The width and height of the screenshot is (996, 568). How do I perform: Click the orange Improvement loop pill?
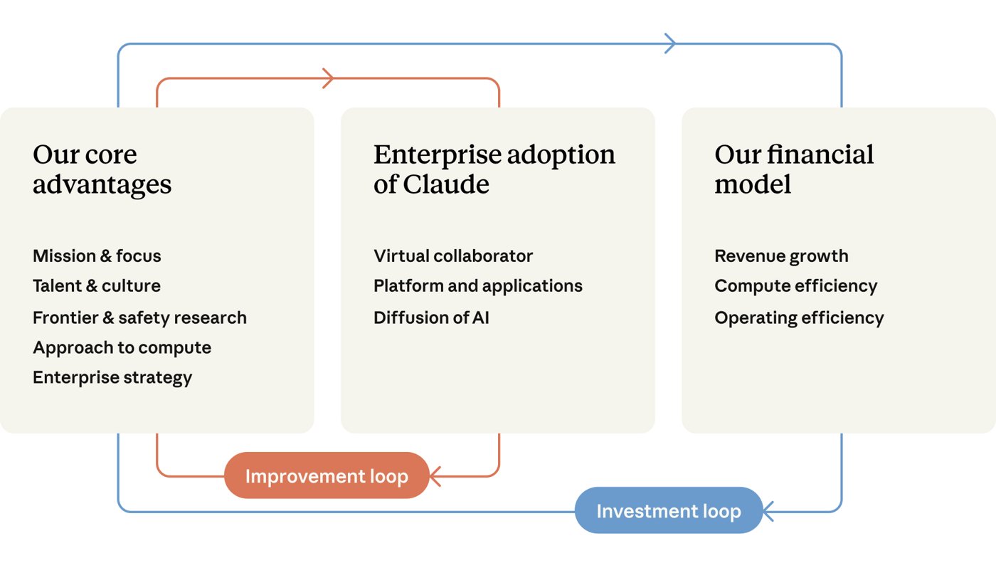pyautogui.click(x=327, y=475)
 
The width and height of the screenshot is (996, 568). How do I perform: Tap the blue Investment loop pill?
pyautogui.click(x=669, y=510)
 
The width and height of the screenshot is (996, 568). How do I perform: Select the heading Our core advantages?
pyautogui.click(x=102, y=169)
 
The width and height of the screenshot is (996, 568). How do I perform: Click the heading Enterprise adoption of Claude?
pyautogui.click(x=494, y=169)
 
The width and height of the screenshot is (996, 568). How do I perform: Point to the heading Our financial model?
pyautogui.click(x=794, y=169)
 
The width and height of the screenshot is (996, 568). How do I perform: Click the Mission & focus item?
pyautogui.click(x=97, y=256)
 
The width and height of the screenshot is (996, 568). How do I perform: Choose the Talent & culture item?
pyautogui.click(x=97, y=285)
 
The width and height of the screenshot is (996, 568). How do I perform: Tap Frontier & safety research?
pyautogui.click(x=139, y=318)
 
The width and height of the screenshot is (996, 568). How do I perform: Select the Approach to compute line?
pyautogui.click(x=122, y=348)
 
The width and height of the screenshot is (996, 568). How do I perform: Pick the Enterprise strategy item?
pyautogui.click(x=112, y=378)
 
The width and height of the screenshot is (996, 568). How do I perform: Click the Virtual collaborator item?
pyautogui.click(x=453, y=256)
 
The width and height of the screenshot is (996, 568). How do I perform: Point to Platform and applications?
pyautogui.click(x=478, y=286)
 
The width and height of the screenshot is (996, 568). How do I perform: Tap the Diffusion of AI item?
pyautogui.click(x=431, y=317)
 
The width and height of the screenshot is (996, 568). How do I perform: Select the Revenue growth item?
pyautogui.click(x=782, y=256)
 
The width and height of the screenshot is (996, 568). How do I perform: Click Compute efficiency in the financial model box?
pyautogui.click(x=796, y=286)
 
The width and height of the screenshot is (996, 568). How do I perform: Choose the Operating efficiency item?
pyautogui.click(x=799, y=318)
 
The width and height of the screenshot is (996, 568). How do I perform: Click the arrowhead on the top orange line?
pyautogui.click(x=328, y=78)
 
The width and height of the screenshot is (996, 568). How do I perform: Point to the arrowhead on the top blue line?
pyautogui.click(x=670, y=43)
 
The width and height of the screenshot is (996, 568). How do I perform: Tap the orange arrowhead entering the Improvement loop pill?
pyautogui.click(x=435, y=476)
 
